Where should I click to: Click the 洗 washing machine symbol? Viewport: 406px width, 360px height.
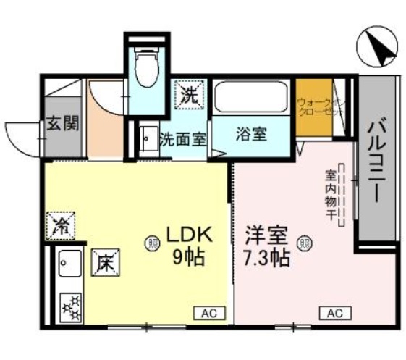189,95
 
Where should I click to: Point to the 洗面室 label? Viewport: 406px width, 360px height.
183,137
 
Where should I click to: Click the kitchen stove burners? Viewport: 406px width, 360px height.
71,306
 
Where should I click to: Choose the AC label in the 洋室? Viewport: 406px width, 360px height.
334,313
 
